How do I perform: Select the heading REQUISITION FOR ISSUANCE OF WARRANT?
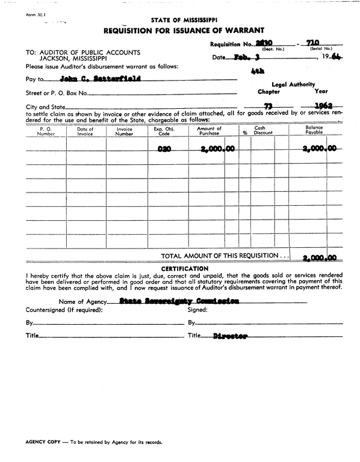(183, 30)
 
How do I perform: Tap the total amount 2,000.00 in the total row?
(319, 257)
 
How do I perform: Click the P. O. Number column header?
(46, 132)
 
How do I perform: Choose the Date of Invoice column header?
(85, 132)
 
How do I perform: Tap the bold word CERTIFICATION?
(185, 268)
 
